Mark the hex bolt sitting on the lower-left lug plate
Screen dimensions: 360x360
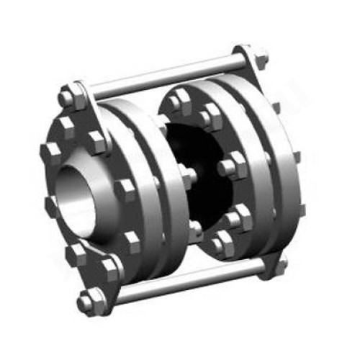click(109, 271)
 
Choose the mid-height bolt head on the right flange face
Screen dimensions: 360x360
click(230, 168)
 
